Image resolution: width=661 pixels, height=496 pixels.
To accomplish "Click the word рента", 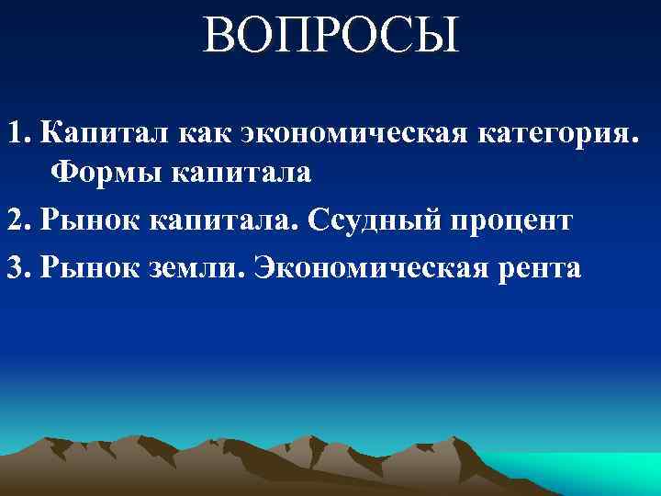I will point(542,270).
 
